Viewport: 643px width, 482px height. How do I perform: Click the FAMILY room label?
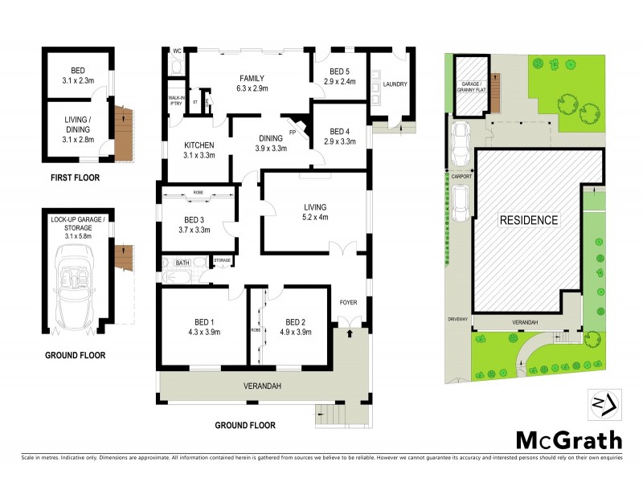pyautogui.click(x=252, y=78)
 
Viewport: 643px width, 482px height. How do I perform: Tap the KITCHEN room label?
pyautogui.click(x=199, y=145)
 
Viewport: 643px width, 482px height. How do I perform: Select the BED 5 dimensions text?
pyautogui.click(x=340, y=82)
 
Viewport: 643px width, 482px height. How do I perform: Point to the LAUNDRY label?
pyautogui.click(x=395, y=84)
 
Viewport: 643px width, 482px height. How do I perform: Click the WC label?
pyautogui.click(x=177, y=51)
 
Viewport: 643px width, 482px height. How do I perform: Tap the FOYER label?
pyautogui.click(x=347, y=302)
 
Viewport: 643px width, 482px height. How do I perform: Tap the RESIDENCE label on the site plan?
pyautogui.click(x=529, y=219)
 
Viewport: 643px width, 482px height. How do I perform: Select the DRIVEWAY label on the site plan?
pyautogui.click(x=458, y=319)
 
